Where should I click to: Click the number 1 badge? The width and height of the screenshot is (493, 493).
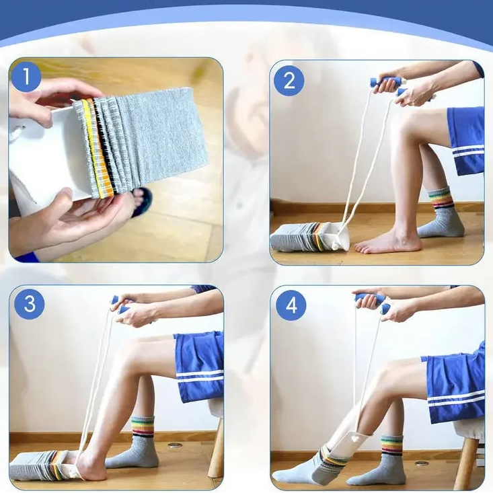(26, 77)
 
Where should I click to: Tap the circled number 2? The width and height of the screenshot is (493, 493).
(289, 81)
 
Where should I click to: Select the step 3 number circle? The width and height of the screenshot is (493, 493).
(30, 304)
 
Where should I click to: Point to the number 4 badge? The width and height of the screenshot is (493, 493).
(291, 305)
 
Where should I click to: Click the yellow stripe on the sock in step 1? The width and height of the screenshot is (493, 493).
(92, 148)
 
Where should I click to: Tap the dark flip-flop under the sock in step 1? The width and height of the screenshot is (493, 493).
(142, 201)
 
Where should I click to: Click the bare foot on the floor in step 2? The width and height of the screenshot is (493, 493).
(387, 243)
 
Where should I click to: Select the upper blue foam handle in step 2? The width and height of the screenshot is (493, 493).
(384, 84)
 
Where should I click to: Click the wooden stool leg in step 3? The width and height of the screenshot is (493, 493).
(217, 452)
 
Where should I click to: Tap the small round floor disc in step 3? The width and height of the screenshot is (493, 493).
(175, 445)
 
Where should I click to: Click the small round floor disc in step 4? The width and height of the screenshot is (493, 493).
(422, 463)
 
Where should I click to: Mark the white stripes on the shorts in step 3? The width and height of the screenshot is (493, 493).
(200, 375)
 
